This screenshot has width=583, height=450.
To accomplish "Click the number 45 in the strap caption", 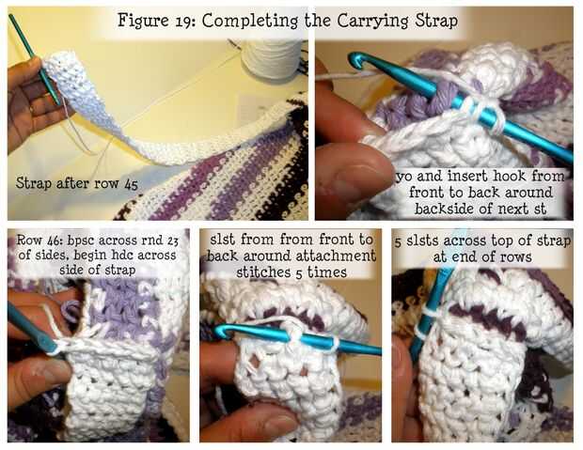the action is [x=131, y=184].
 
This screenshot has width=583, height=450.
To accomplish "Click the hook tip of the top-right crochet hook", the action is [x=354, y=59].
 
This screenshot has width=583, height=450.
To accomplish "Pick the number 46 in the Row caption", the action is [x=55, y=241].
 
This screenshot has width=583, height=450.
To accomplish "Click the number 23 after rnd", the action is [x=172, y=241].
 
